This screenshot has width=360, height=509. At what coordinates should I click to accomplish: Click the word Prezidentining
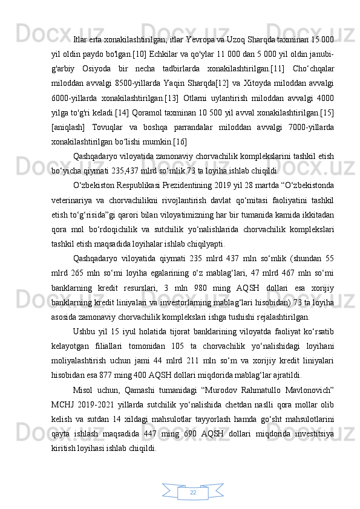click(x=176, y=183)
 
